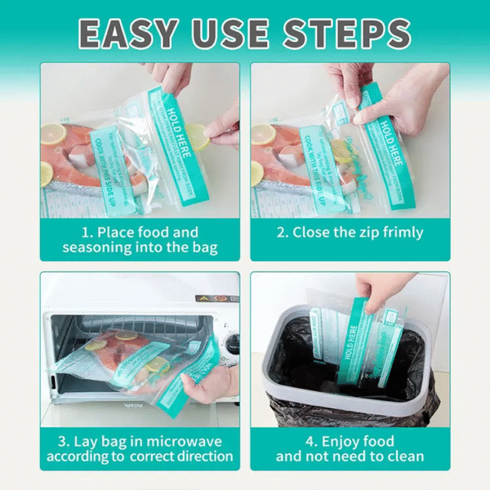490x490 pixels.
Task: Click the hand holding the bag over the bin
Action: (384, 290)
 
